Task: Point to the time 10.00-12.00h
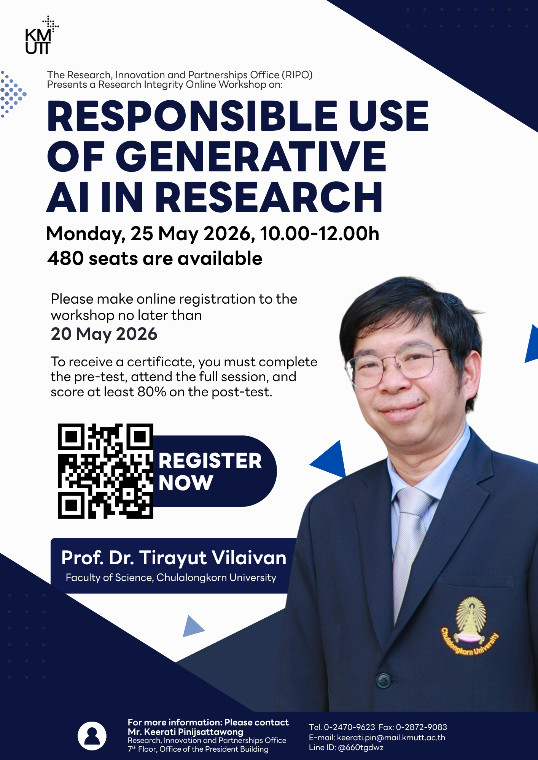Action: point(320,234)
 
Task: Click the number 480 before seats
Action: point(65,259)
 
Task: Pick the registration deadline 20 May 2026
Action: point(104,334)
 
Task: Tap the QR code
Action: point(105,471)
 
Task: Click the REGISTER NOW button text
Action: point(210,472)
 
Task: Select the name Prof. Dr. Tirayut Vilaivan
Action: point(173,558)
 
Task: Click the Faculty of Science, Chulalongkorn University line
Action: point(171,578)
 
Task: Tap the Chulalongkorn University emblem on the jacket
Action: point(470,627)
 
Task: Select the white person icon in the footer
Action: point(92,736)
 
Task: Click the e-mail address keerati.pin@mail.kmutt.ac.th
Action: point(391,738)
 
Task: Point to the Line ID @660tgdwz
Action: point(361,747)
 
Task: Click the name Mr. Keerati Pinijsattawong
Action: point(185,731)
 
